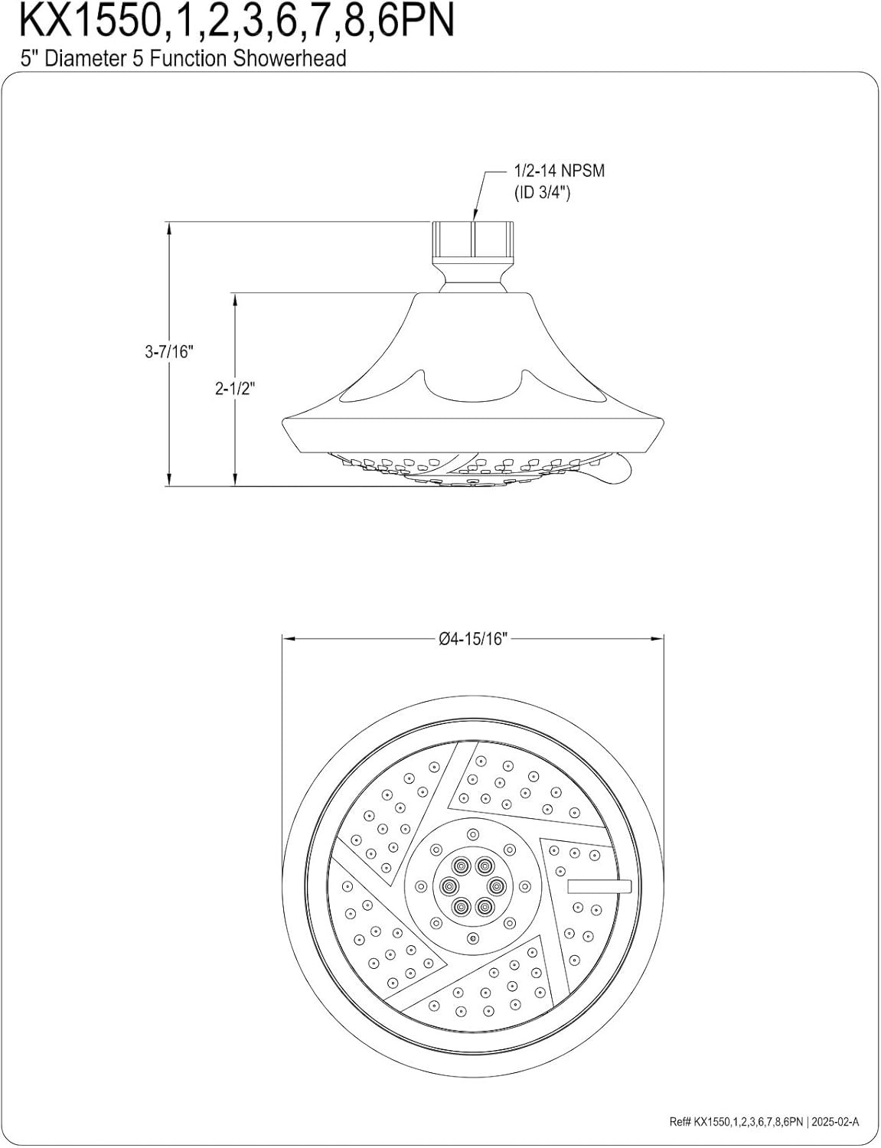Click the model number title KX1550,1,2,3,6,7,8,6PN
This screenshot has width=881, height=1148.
click(237, 21)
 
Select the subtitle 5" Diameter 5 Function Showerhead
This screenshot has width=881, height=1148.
click(183, 58)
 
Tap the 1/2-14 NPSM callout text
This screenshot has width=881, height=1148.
click(560, 171)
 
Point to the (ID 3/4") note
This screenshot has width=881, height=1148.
click(543, 193)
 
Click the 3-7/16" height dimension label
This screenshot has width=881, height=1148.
click(170, 351)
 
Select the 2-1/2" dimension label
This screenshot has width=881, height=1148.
click(235, 389)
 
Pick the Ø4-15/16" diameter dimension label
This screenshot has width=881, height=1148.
click(473, 639)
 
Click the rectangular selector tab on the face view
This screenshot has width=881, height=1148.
click(600, 886)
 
